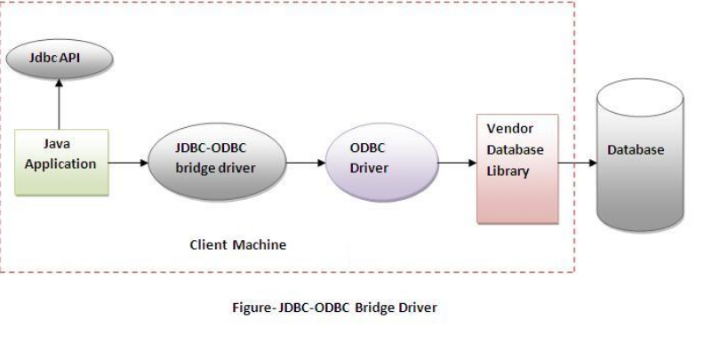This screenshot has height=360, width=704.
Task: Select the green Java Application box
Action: pyautogui.click(x=60, y=163)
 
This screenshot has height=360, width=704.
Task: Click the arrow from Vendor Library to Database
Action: pyautogui.click(x=578, y=164)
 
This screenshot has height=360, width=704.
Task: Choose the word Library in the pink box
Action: pyautogui.click(x=508, y=172)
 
